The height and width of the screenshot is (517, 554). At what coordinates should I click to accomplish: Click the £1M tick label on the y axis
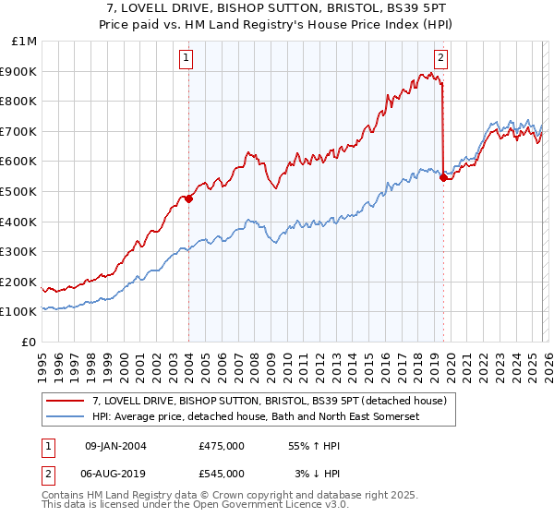(x=25, y=42)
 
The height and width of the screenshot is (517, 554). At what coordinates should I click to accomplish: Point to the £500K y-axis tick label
(x=19, y=191)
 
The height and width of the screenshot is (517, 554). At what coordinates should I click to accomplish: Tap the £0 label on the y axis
(x=30, y=342)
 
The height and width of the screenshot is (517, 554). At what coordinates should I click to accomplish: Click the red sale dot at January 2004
(x=188, y=198)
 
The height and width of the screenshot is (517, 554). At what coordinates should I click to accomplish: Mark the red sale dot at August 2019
(x=443, y=178)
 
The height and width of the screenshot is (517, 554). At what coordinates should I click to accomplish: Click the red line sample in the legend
(x=66, y=401)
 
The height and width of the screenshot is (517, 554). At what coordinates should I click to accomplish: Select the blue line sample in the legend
(x=66, y=416)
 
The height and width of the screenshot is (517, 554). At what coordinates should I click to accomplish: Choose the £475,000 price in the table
(x=222, y=446)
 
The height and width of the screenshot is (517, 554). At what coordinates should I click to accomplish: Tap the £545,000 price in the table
(x=222, y=474)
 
